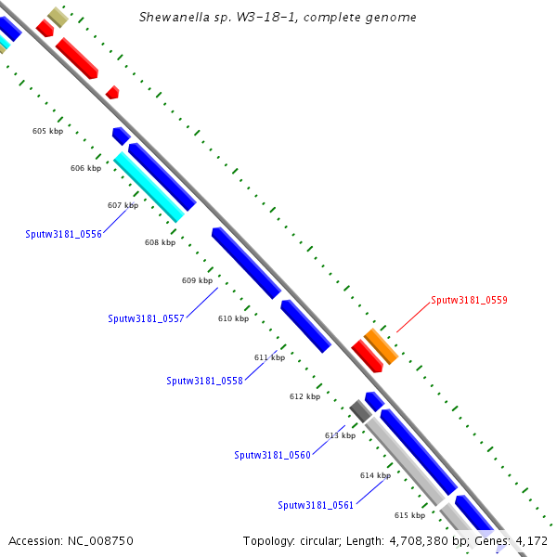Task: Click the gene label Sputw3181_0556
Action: click(63, 234)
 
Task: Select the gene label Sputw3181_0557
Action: click(146, 318)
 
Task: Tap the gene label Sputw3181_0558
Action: click(204, 381)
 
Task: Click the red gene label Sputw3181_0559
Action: click(469, 300)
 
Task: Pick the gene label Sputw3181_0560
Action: click(272, 455)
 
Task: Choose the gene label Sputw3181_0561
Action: click(316, 505)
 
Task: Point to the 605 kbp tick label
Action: click(47, 131)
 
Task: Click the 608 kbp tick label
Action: click(160, 242)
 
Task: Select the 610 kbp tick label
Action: click(233, 318)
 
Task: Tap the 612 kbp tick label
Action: click(304, 396)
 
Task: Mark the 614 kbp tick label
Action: click(375, 475)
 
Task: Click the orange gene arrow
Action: click(381, 345)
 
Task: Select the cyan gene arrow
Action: click(149, 187)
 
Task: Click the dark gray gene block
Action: click(360, 409)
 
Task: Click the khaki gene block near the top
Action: click(58, 17)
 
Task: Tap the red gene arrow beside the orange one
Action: click(367, 356)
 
